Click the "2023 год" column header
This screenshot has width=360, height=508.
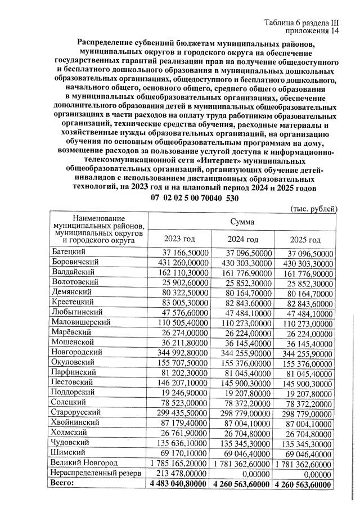tap(179, 240)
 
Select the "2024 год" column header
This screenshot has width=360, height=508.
tap(244, 240)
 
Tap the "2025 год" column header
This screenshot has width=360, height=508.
tap(308, 240)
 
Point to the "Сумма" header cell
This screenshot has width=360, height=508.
tap(242, 223)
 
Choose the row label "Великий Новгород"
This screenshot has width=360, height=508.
tap(84, 462)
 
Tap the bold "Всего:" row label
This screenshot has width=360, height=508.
tap(62, 483)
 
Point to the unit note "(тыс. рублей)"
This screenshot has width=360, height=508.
tap(313, 208)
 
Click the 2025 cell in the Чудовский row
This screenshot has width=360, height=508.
tap(308, 443)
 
